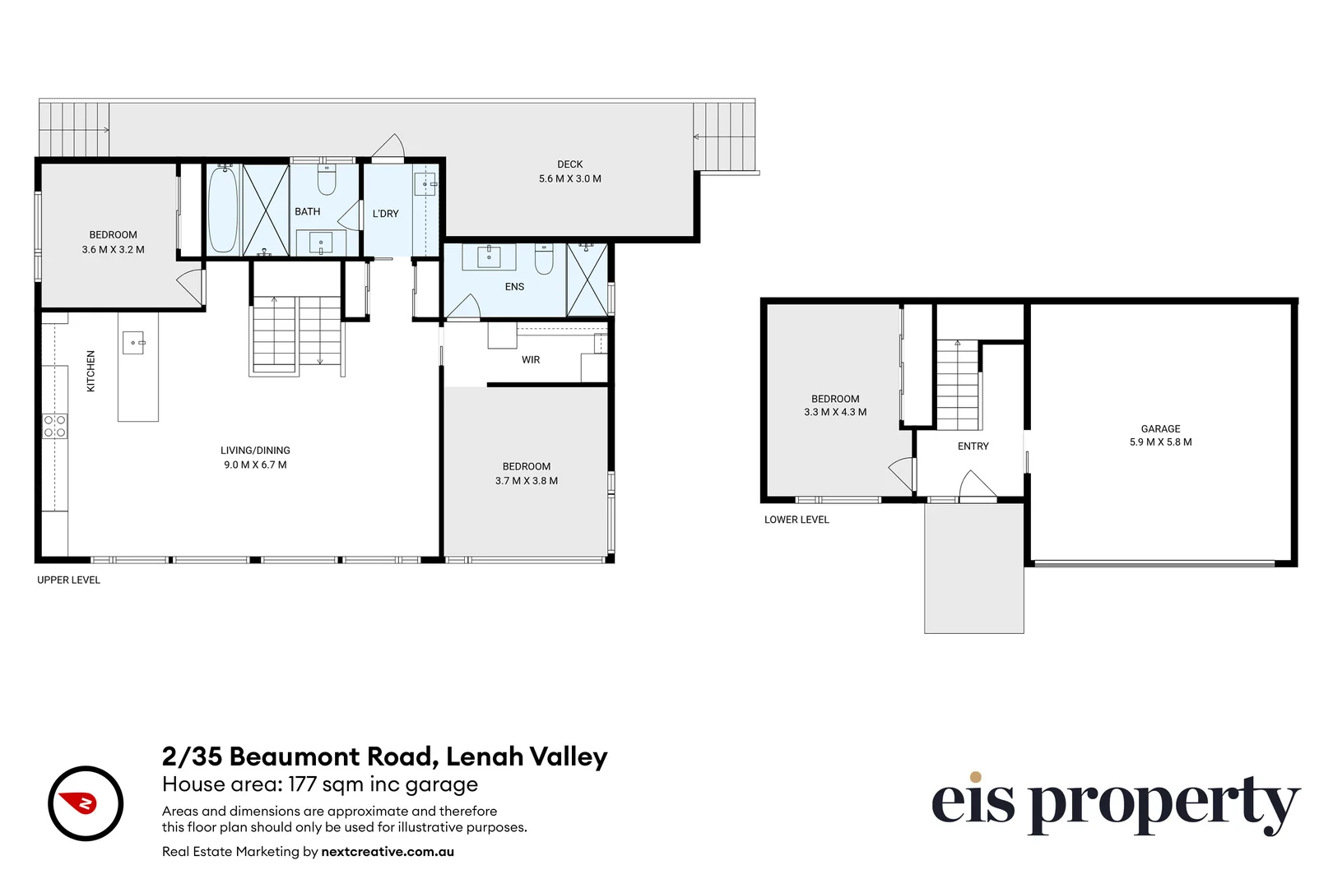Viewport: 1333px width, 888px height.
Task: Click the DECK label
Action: click(x=569, y=164)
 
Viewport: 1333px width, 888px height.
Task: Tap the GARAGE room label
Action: click(x=1160, y=428)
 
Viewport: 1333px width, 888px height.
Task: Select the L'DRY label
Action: click(x=385, y=214)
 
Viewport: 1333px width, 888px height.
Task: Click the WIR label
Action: click(x=531, y=360)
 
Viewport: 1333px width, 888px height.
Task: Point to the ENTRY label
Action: click(x=973, y=446)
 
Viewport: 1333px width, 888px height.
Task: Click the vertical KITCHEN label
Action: click(x=91, y=371)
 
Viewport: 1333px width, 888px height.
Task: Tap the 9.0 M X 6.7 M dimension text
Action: click(x=255, y=465)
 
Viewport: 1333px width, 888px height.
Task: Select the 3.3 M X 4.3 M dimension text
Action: click(x=835, y=413)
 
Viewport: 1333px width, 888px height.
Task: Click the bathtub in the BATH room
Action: click(x=222, y=210)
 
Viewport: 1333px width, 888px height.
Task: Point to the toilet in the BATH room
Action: click(x=327, y=181)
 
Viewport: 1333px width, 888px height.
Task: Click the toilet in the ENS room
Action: click(x=544, y=259)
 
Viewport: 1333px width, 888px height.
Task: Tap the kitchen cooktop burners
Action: click(x=55, y=427)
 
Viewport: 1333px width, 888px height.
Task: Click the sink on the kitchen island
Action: click(x=133, y=342)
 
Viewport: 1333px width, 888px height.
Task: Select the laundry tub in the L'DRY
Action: click(x=425, y=183)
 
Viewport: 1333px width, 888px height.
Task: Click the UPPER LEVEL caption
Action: click(x=68, y=580)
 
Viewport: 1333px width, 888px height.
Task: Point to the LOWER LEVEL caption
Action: click(x=797, y=520)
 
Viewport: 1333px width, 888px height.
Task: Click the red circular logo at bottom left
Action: click(x=86, y=803)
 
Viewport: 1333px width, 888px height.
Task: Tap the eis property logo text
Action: click(x=1114, y=803)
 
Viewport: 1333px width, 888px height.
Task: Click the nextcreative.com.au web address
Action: click(x=388, y=852)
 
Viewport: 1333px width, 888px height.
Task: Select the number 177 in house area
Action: click(x=302, y=784)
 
